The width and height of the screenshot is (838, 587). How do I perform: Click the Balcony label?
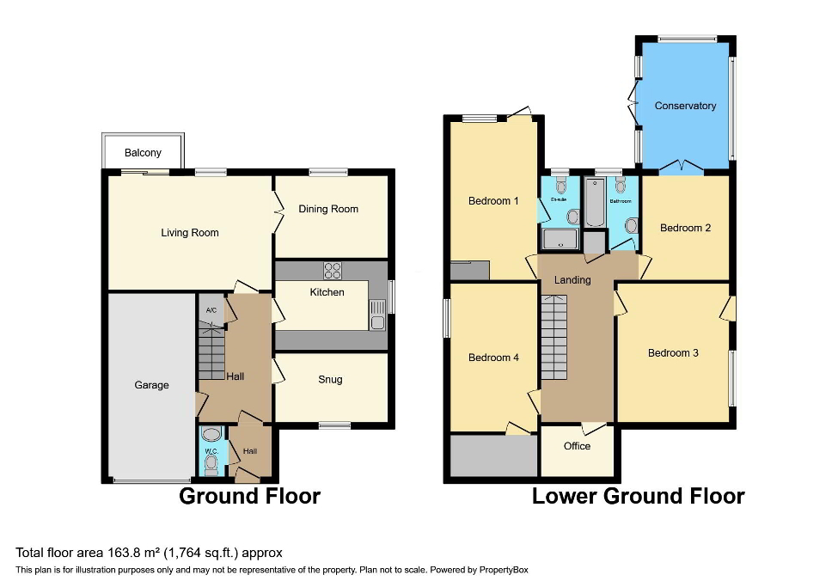coord(143,153)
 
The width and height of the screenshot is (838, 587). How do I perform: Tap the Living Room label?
coord(190,233)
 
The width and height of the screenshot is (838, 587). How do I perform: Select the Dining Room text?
coord(328,209)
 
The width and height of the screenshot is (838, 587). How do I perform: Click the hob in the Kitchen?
coord(333,271)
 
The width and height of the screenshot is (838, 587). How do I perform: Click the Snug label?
coord(330,379)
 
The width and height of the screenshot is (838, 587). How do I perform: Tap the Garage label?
coord(151,385)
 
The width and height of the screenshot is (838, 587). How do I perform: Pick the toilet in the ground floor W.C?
coord(211,464)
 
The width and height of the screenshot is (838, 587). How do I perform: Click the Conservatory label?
coord(685,106)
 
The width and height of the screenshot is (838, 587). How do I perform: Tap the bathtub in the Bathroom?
coord(595,204)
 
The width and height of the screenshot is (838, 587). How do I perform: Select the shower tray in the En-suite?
coord(561,238)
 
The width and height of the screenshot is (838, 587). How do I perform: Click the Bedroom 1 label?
coord(493,201)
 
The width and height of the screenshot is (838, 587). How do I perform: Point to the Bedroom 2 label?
coord(685,228)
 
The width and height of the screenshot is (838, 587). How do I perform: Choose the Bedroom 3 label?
coord(673,353)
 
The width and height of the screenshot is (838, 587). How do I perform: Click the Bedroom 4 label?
coord(493,358)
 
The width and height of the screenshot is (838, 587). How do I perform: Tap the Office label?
coord(577,446)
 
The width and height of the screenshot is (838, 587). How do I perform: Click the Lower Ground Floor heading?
coord(638,496)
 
